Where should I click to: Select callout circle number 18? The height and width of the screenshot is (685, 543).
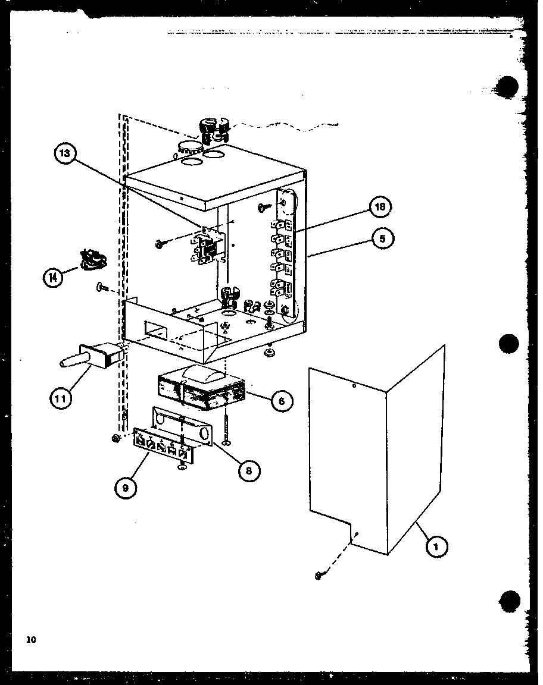(380, 208)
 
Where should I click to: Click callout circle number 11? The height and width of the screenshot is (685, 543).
(60, 398)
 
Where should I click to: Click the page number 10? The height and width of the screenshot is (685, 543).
(31, 640)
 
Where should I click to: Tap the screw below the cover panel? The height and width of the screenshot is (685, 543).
(320, 575)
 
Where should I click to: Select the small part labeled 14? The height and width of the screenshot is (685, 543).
(90, 259)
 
